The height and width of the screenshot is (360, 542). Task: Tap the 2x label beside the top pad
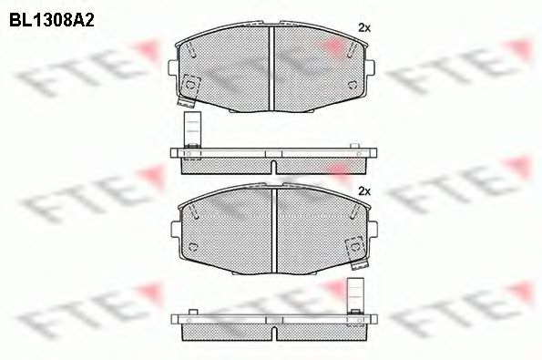click(364, 28)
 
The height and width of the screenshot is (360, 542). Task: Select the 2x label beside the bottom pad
click(364, 190)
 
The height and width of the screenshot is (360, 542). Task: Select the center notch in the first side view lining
click(273, 159)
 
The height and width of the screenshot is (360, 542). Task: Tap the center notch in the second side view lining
click(273, 324)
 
